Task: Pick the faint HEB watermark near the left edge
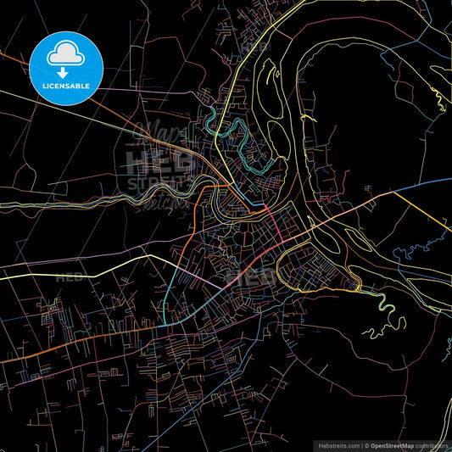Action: pos(70,277)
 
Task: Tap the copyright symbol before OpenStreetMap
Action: pos(367,444)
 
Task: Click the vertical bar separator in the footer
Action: pos(360,444)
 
